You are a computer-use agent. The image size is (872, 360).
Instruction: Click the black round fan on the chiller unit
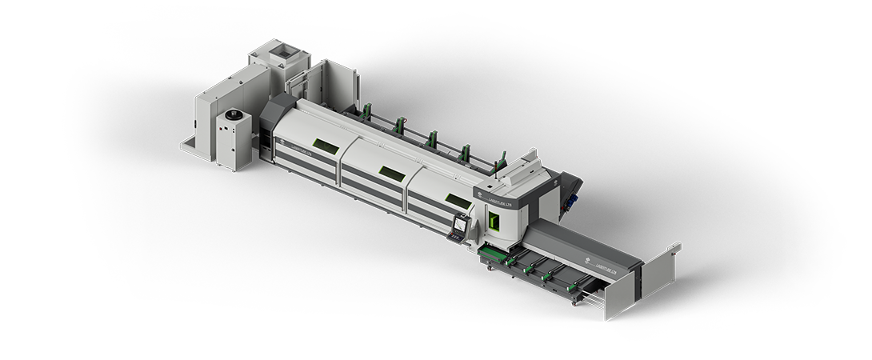pos(232,115)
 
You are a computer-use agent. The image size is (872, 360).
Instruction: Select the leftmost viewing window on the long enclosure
pos(325,145)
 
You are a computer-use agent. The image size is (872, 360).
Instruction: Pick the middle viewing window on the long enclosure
pos(391,172)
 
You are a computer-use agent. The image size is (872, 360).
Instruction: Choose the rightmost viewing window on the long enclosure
pos(457,200)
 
